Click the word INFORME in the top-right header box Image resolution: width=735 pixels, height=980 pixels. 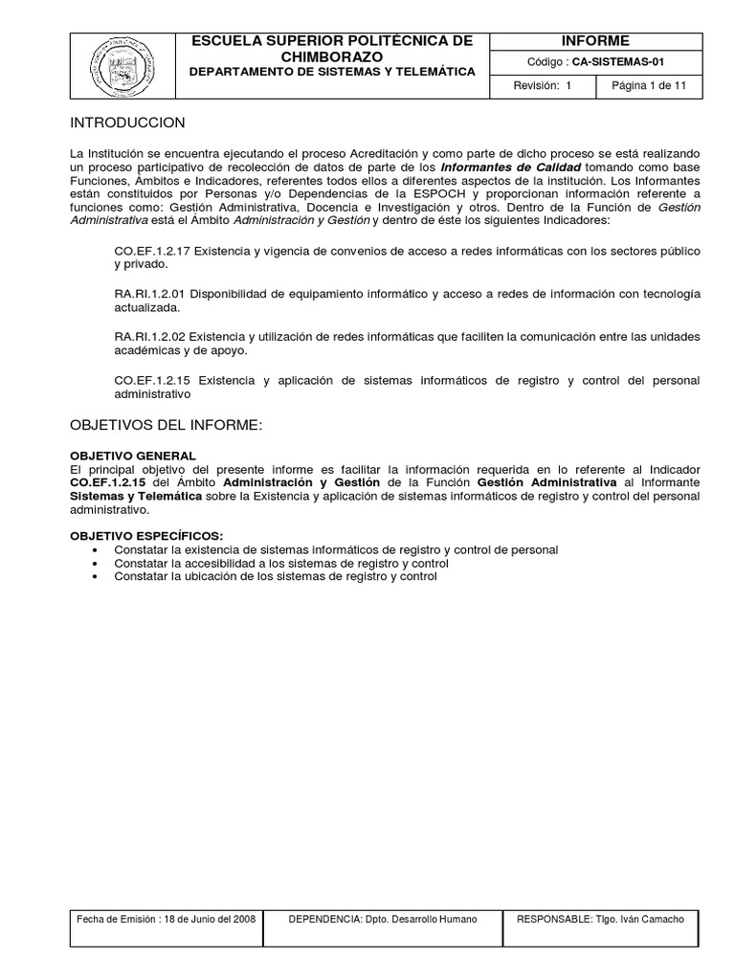[595, 40]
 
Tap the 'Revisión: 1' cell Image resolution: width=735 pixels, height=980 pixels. [542, 86]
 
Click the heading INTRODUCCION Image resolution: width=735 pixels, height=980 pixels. [127, 123]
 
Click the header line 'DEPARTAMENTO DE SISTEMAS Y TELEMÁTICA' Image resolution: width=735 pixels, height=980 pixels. [332, 72]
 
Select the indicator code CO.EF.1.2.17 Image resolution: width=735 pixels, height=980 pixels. [153, 251]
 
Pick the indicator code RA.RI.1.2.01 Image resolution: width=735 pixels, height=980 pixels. [153, 293]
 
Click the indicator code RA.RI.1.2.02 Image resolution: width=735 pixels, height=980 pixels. [153, 337]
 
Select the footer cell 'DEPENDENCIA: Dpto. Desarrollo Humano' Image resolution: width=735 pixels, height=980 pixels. [383, 920]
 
